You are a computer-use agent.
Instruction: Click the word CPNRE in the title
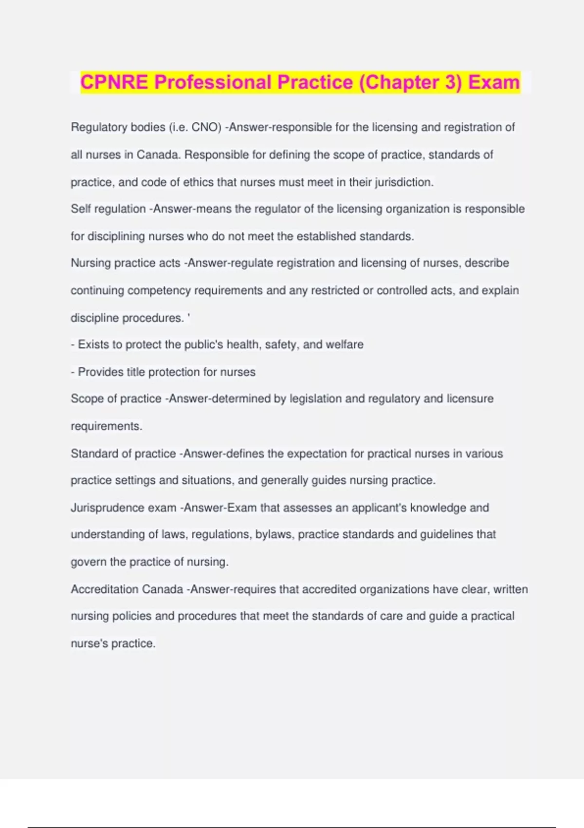point(114,82)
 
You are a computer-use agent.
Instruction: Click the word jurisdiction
point(403,183)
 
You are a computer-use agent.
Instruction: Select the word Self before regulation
point(80,209)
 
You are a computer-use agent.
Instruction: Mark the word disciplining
point(115,237)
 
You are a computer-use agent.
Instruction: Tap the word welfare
point(345,345)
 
